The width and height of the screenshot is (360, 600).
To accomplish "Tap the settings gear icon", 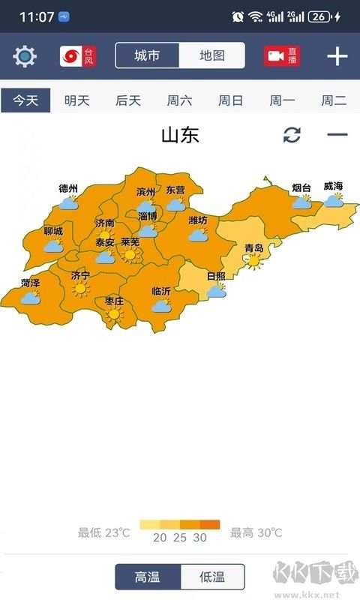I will point(24,56).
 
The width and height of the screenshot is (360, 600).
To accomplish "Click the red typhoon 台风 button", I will point(78,56).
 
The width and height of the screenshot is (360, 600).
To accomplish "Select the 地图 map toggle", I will point(211,55).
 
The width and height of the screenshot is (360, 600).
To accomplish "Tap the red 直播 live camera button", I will point(282,56).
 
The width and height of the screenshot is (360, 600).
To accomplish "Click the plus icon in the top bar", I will point(337,56).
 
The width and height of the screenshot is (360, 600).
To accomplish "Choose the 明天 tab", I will point(76,100).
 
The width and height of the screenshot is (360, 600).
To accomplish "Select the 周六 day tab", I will point(179,100).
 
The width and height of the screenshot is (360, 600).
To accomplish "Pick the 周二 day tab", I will point(334,100).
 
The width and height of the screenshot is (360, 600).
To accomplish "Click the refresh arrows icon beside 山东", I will point(292,135).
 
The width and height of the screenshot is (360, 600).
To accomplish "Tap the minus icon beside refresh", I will point(337,135).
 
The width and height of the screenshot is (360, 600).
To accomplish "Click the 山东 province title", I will point(180,136).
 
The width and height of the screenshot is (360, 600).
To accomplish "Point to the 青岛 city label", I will point(254,248).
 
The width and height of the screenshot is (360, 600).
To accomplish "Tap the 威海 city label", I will point(333,186).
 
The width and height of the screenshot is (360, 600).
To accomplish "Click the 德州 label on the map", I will point(68,188).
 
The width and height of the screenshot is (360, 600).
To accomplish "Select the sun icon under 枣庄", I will point(114,315).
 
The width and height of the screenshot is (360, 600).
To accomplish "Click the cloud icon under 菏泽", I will point(31,297).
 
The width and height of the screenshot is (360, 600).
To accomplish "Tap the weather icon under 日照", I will point(217,289).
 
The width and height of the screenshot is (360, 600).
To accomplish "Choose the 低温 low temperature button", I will point(212,577).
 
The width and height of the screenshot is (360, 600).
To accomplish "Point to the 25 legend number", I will point(179,537).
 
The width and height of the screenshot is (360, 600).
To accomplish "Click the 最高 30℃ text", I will point(256,533).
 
